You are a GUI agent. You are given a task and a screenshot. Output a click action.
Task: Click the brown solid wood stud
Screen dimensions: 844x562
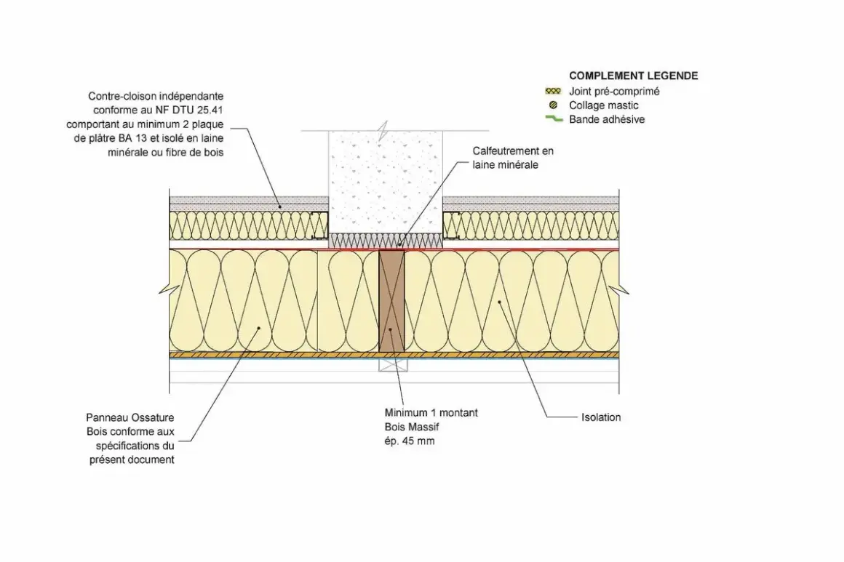391,300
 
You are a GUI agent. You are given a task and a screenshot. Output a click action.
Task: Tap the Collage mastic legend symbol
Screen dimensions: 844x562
553,105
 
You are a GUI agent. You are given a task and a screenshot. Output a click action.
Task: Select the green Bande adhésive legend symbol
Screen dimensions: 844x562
554,119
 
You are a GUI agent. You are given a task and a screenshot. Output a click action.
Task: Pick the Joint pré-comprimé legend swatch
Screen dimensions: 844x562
553,92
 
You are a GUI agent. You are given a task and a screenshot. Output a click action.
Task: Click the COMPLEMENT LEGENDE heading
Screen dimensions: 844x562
634,76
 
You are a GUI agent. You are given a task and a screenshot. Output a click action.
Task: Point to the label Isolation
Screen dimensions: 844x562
601,417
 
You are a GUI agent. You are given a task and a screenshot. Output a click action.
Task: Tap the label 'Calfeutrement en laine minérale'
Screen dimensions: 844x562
513,158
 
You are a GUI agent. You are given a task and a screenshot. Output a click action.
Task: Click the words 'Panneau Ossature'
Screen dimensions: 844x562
130,417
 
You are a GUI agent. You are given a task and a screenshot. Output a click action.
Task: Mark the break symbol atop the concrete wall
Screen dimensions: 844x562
383,131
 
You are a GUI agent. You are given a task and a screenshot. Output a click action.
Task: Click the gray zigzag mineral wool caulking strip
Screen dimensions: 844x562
386,241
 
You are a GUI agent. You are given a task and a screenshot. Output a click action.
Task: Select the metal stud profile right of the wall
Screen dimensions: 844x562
450,225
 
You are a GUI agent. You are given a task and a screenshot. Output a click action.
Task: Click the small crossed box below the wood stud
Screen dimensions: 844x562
393,365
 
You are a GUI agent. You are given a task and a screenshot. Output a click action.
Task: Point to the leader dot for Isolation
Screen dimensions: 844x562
500,302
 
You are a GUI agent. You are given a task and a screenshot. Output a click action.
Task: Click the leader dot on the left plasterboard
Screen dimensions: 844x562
280,206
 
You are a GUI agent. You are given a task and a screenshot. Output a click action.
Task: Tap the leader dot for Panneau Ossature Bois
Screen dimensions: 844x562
259,327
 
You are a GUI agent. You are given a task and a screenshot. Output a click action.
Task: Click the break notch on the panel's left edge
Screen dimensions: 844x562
164,290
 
